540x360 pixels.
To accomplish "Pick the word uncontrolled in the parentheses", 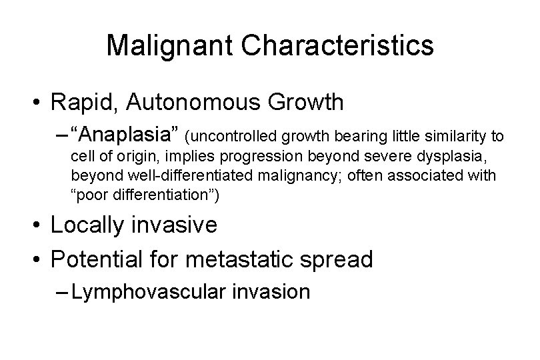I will pyautogui.click(x=233, y=138).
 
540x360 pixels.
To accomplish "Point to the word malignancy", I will pyautogui.click(x=297, y=177).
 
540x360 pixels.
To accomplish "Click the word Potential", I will pyautogui.click(x=100, y=259).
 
